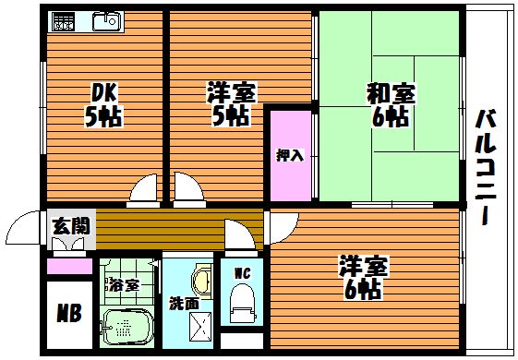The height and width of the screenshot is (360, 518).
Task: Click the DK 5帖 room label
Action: (x=103, y=107)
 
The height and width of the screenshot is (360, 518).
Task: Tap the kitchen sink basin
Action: (x=106, y=22)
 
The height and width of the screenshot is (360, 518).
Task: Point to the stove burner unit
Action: (x=64, y=22)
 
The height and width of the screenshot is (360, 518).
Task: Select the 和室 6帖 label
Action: (x=391, y=105)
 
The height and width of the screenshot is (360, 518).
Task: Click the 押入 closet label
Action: (x=290, y=155)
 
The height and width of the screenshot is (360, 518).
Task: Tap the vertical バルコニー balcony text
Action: (x=486, y=168)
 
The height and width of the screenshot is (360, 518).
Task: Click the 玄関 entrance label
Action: (x=71, y=226)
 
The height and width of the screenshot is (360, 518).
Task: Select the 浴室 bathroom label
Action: (x=125, y=284)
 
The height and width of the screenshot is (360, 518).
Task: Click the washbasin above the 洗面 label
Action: (x=202, y=281)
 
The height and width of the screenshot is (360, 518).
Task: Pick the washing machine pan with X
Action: (x=200, y=327)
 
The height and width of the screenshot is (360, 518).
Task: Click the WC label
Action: (x=243, y=273)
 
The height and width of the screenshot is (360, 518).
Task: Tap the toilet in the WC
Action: (x=243, y=301)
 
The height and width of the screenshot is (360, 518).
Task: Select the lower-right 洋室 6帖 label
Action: (x=363, y=278)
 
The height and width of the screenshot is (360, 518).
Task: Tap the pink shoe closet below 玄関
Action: (x=69, y=266)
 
